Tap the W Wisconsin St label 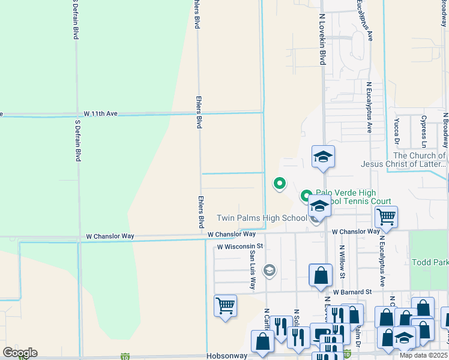tap(240, 246)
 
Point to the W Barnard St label tap(353, 292)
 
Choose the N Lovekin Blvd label tap(322, 40)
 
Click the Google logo tap(20, 353)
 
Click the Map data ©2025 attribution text tap(424, 355)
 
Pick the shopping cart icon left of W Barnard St tap(225, 305)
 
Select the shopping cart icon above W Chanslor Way tap(386, 217)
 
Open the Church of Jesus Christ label tap(403, 159)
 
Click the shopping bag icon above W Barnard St tap(321, 275)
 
